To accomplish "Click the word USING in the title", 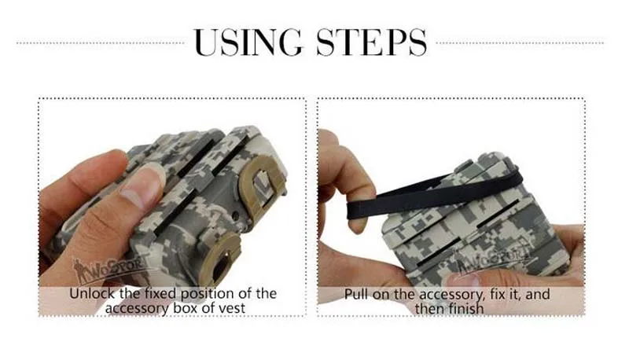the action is click(x=247, y=42).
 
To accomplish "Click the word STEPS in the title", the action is click(x=371, y=42).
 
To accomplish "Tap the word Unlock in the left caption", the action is click(x=93, y=293).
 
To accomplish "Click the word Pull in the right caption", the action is click(x=356, y=294).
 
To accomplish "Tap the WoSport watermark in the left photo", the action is click(x=109, y=268).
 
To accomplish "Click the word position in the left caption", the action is click(x=208, y=294).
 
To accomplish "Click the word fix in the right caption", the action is click(x=497, y=294).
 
